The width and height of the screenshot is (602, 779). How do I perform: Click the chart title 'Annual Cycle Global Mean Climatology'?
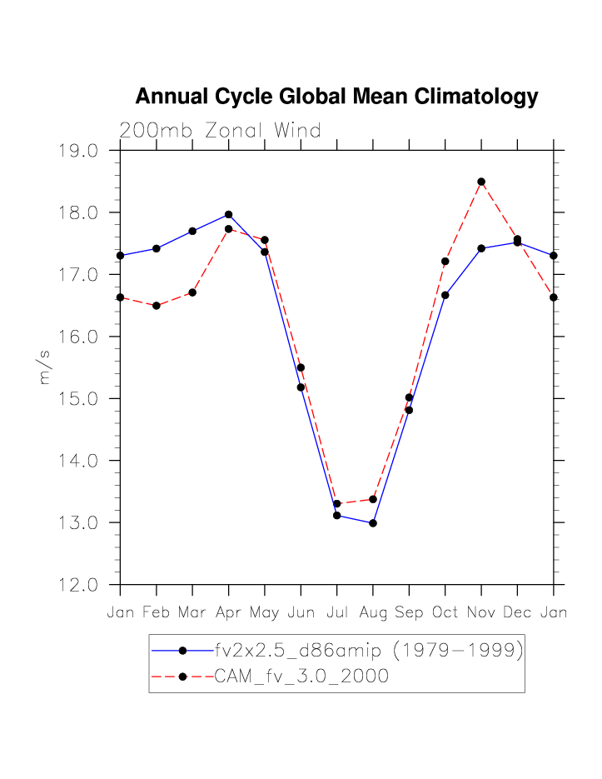(336, 97)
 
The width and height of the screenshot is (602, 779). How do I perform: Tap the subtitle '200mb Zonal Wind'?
(220, 131)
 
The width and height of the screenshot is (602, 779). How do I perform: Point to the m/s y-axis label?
(45, 367)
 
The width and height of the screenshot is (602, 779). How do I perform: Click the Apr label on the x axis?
(228, 613)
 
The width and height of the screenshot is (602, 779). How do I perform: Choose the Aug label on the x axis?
(372, 613)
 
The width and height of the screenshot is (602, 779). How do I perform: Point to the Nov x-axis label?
(480, 613)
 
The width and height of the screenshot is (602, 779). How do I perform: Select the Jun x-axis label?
(301, 613)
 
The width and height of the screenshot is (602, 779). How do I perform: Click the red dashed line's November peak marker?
(481, 182)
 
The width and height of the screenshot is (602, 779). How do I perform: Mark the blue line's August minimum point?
(373, 523)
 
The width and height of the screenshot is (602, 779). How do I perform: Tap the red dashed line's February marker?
(157, 306)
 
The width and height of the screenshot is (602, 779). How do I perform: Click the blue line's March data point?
(192, 231)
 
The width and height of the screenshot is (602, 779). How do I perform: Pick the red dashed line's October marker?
(445, 262)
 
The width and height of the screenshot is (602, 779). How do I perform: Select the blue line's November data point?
(481, 248)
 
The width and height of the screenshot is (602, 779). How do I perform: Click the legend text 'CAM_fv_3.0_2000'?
(301, 677)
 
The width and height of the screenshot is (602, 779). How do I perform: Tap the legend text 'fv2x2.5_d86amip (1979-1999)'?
(369, 651)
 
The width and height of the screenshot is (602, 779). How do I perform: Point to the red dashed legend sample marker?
(182, 677)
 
